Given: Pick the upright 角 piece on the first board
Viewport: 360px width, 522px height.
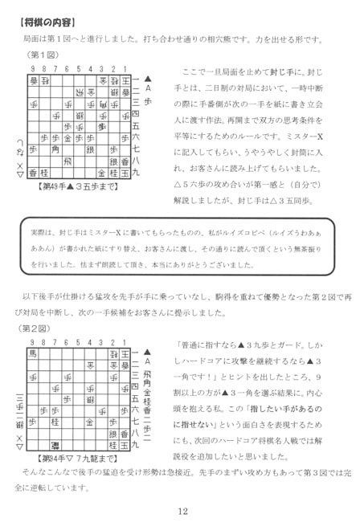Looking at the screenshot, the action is (55, 149).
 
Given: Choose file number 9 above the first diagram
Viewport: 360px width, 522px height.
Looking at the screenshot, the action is (32, 69).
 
